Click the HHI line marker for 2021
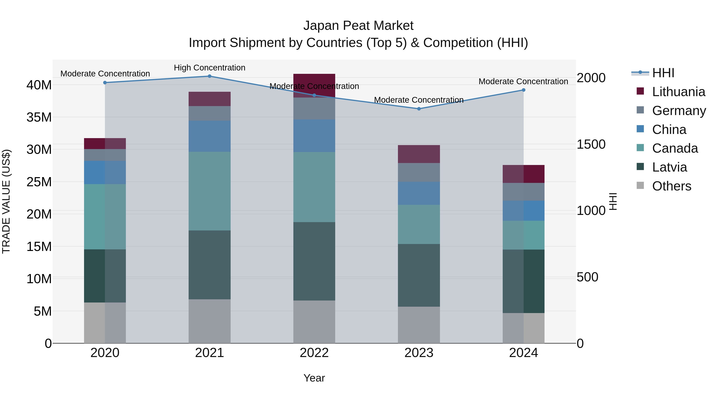click(210, 76)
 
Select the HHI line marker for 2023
click(419, 109)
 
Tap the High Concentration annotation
click(210, 68)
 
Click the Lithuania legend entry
click(678, 92)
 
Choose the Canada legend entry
click(675, 148)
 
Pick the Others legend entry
click(671, 186)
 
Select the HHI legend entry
click(663, 73)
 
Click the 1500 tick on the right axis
click(591, 144)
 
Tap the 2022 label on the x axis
click(314, 353)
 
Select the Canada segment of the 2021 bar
click(210, 191)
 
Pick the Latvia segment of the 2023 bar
click(419, 275)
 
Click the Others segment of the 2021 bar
click(210, 321)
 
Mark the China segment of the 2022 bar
click(314, 136)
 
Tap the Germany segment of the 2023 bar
click(419, 172)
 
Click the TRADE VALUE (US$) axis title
click(6, 201)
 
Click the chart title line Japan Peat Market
click(358, 26)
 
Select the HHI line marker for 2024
click(524, 90)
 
